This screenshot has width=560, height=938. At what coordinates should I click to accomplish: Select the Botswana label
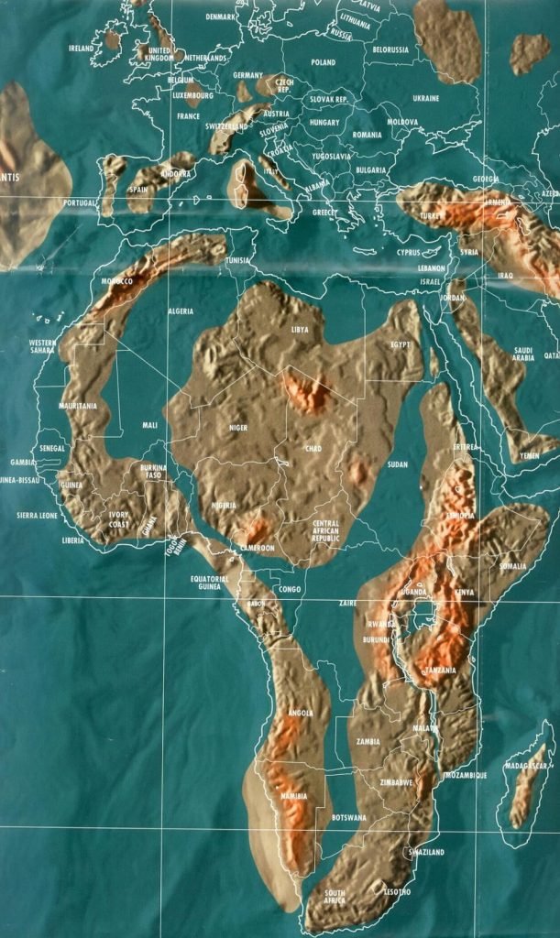pyautogui.click(x=348, y=816)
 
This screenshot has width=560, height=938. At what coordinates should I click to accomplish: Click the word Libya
pyautogui.click(x=300, y=329)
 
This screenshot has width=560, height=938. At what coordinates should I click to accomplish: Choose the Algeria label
pyautogui.click(x=180, y=311)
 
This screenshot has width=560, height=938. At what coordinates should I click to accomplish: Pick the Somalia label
pyautogui.click(x=511, y=566)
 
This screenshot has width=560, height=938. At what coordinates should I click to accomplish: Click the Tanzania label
pyautogui.click(x=439, y=671)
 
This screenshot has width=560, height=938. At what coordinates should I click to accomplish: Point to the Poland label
pyautogui.click(x=324, y=62)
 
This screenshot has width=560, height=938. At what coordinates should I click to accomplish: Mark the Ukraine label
pyautogui.click(x=425, y=98)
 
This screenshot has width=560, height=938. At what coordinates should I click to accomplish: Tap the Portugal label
pyautogui.click(x=80, y=202)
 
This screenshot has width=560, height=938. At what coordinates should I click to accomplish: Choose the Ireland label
pyautogui.click(x=81, y=48)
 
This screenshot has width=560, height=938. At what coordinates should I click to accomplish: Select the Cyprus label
pyautogui.click(x=408, y=251)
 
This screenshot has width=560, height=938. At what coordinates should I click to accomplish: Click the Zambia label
pyautogui.click(x=369, y=741)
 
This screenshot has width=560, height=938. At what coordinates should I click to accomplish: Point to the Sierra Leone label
pyautogui.click(x=37, y=516)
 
